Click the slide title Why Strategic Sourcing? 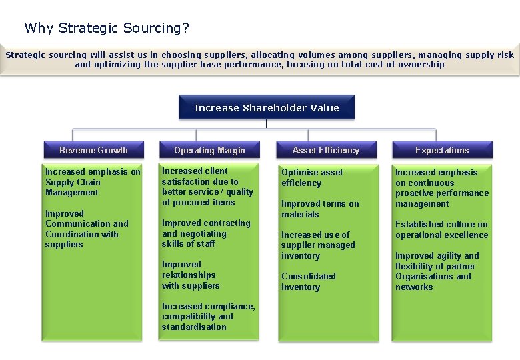(x=107, y=28)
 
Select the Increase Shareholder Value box (x=267, y=107)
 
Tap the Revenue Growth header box (x=93, y=150)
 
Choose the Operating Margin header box (x=209, y=150)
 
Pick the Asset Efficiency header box (x=325, y=150)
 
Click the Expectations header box (x=442, y=150)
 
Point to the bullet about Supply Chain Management (x=93, y=182)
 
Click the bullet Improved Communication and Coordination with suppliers (x=87, y=229)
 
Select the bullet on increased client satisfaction (x=207, y=187)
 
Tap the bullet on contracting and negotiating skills (x=206, y=233)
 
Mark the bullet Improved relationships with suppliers (x=191, y=275)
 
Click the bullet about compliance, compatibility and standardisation (x=208, y=317)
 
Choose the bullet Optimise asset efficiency (x=312, y=177)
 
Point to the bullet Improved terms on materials (x=320, y=209)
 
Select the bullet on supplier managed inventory (x=318, y=245)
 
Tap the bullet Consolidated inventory (x=309, y=281)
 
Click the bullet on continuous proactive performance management (x=442, y=188)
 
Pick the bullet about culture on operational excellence (x=441, y=229)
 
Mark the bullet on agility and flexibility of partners (x=437, y=271)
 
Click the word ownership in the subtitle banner (x=421, y=65)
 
